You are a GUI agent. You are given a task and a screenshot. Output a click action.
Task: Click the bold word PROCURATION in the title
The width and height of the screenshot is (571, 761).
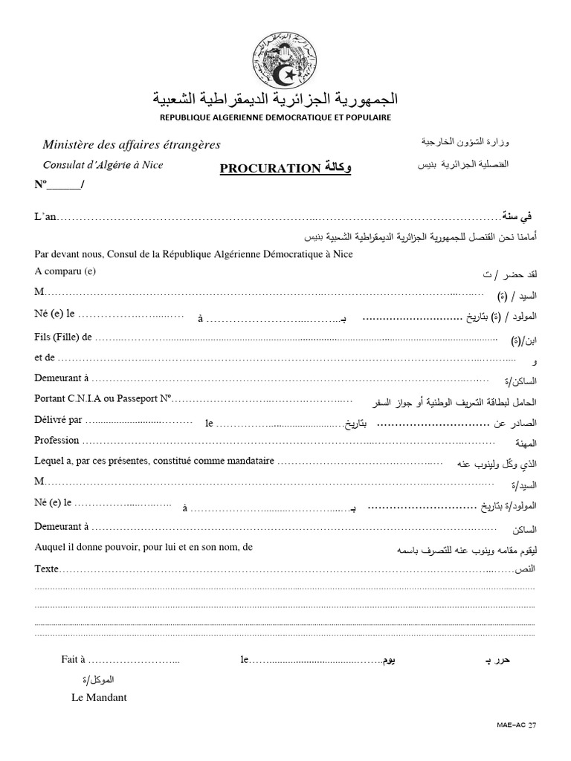pyautogui.click(x=269, y=169)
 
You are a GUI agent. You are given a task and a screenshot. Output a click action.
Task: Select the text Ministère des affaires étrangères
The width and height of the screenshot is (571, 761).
pyautogui.click(x=132, y=145)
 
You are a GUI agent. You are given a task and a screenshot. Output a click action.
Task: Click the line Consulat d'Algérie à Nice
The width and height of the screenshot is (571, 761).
pyautogui.click(x=103, y=165)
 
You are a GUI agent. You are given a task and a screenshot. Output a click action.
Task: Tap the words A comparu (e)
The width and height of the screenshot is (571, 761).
pyautogui.click(x=65, y=271)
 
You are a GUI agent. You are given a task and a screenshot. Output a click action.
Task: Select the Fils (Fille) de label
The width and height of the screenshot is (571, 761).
pyautogui.click(x=62, y=337)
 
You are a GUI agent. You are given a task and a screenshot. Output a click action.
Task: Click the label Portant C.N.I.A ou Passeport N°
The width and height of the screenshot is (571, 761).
pyautogui.click(x=103, y=398)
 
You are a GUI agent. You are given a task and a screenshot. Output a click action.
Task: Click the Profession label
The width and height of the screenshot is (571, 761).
pyautogui.click(x=57, y=440)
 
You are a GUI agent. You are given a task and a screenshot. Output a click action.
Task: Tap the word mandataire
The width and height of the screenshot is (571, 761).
pyautogui.click(x=248, y=462)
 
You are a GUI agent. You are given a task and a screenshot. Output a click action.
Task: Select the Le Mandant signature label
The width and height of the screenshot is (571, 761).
pyautogui.click(x=99, y=697)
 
